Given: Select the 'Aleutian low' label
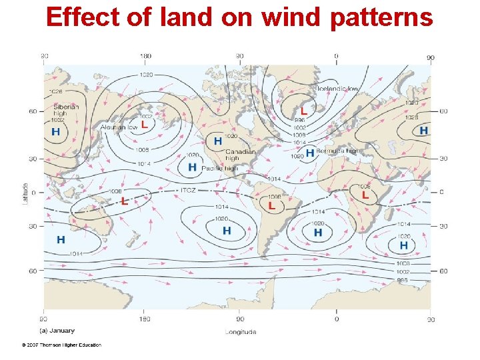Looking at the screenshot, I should [119, 127].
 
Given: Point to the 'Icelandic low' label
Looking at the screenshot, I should [338, 89].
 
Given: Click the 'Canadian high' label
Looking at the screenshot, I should [240, 155].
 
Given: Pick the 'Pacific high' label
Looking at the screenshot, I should [221, 168].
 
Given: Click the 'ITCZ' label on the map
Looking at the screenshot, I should [189, 190].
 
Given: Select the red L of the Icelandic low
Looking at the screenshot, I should [304, 111].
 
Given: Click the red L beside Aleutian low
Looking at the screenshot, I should [144, 124].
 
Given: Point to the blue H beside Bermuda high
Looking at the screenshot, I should [310, 153].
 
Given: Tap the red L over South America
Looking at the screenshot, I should [271, 206].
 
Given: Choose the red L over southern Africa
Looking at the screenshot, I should [365, 195].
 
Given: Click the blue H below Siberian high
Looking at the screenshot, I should [55, 132].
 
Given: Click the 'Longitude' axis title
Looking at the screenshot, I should [241, 331].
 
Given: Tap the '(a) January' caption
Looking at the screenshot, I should [57, 330].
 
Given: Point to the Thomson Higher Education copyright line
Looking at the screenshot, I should [61, 345].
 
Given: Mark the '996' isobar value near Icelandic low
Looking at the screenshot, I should [299, 120].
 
